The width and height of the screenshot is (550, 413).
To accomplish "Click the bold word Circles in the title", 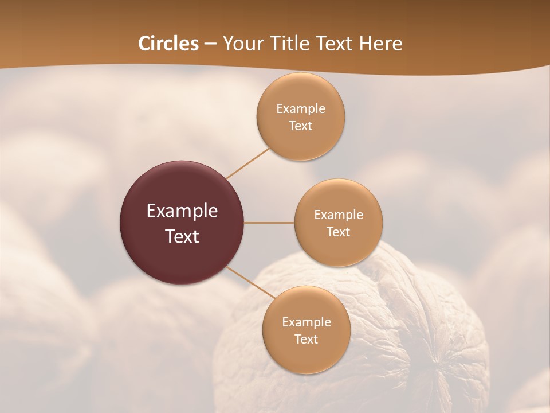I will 168,44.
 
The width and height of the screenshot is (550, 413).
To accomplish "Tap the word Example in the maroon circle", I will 182,211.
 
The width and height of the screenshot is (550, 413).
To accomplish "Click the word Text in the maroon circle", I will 182,236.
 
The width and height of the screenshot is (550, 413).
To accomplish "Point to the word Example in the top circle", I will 301,108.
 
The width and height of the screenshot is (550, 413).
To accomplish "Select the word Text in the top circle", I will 301,126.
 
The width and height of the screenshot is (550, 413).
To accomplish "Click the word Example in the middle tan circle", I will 338,215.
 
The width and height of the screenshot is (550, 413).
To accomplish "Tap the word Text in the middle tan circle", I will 338,232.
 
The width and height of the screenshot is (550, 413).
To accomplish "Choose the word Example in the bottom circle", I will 306,322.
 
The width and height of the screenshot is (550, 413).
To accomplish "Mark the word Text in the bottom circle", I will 306,339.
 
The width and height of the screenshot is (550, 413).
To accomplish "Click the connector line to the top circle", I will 247,163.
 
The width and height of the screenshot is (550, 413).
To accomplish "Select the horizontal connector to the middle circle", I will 269,223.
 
